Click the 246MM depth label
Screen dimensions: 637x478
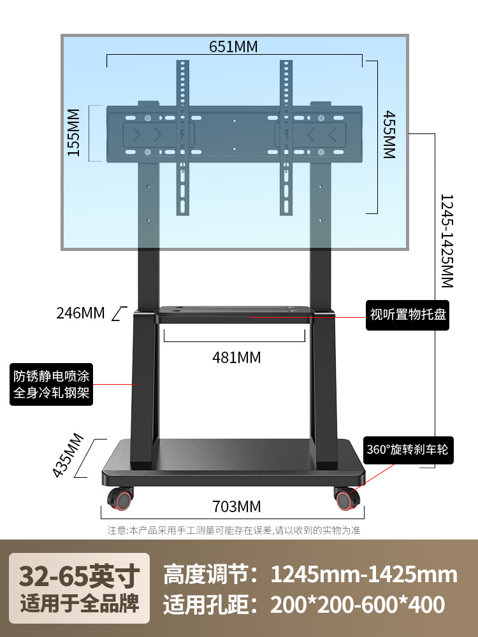tap(80, 313)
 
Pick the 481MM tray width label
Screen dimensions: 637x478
tap(236, 357)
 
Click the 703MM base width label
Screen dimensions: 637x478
tap(236, 506)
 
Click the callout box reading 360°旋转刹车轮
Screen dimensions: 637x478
tap(407, 449)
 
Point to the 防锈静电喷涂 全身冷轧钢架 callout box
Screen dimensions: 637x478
tap(52, 384)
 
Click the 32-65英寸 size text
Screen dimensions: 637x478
tap(79, 576)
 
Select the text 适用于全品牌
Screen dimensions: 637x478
tap(79, 603)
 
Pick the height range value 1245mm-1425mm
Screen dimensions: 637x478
tap(364, 575)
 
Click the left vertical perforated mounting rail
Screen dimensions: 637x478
tap(184, 137)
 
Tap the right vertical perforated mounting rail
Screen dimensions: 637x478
tap(284, 137)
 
